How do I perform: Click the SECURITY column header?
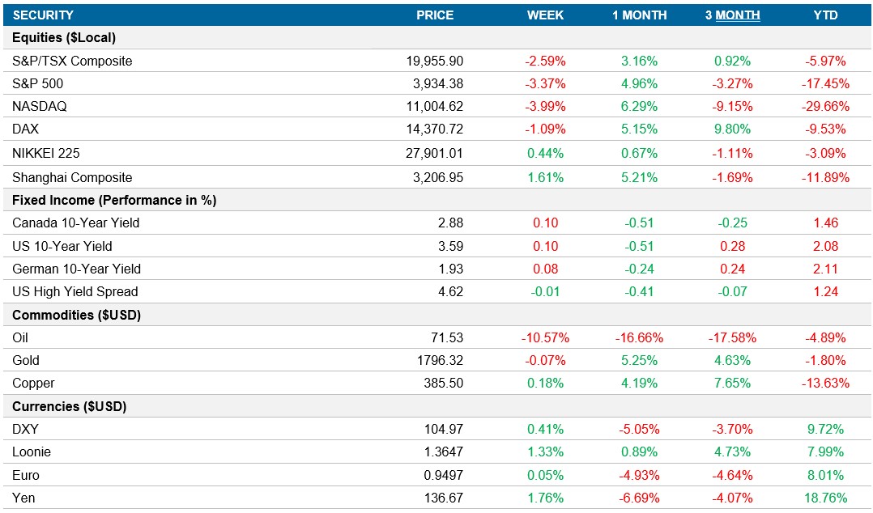click(43, 15)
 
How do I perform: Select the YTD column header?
click(825, 15)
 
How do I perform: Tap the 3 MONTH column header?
click(732, 15)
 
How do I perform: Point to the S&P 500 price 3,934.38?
click(435, 83)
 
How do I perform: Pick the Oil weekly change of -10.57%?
click(545, 337)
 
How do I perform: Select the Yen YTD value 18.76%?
click(825, 498)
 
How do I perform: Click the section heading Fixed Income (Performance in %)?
click(114, 200)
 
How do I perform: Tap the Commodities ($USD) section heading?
click(77, 315)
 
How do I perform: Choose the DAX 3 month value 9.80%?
click(732, 129)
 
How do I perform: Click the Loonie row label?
click(32, 452)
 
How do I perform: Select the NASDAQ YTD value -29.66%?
click(825, 106)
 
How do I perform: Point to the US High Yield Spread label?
click(75, 291)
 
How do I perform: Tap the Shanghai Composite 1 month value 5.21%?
click(639, 177)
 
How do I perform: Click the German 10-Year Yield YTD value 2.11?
click(825, 269)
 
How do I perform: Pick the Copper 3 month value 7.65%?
click(732, 383)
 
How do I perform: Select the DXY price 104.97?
click(442, 429)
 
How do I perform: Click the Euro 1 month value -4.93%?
click(639, 475)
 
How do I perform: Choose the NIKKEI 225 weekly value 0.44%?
click(545, 153)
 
